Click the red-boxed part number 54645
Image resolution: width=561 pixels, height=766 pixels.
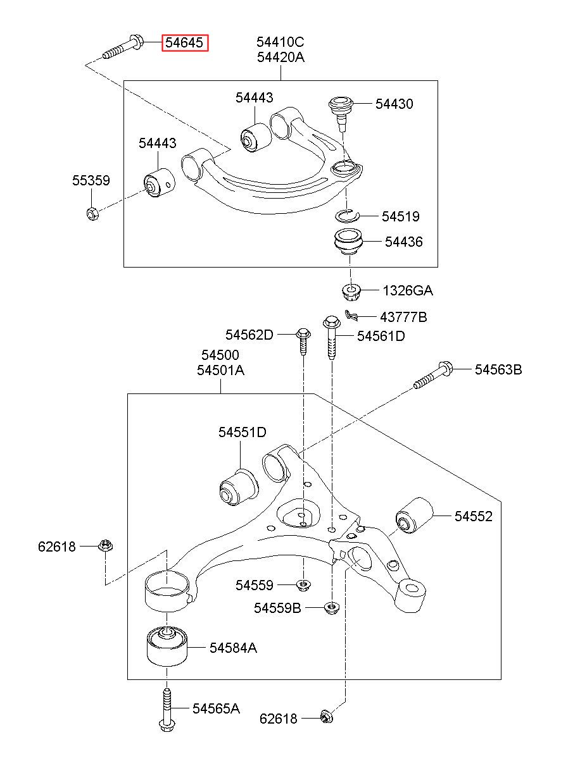tap(185, 43)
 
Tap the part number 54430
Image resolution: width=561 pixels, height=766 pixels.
tap(394, 104)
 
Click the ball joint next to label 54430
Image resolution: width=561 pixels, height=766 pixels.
tap(341, 113)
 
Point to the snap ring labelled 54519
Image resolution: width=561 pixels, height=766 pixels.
tap(346, 216)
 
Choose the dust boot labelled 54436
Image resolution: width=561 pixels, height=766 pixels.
tap(348, 242)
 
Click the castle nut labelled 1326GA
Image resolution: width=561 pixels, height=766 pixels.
tap(351, 292)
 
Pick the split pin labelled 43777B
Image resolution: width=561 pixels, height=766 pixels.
tap(351, 315)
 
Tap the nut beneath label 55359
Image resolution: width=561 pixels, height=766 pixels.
tap(92, 213)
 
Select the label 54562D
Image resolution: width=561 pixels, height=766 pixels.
tap(249, 335)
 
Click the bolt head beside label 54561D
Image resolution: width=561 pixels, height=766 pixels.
tap(331, 322)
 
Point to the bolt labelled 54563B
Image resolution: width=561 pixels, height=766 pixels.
tap(433, 375)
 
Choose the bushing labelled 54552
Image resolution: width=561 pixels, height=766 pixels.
tap(415, 516)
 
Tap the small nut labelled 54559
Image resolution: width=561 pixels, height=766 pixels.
tap(303, 586)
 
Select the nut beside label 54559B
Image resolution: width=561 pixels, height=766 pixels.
tap(331, 608)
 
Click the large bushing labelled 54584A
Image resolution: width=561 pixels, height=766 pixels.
tap(167, 646)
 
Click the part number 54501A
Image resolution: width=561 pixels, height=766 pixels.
tap(221, 370)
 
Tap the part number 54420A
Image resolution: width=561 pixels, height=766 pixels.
tap(280, 57)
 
